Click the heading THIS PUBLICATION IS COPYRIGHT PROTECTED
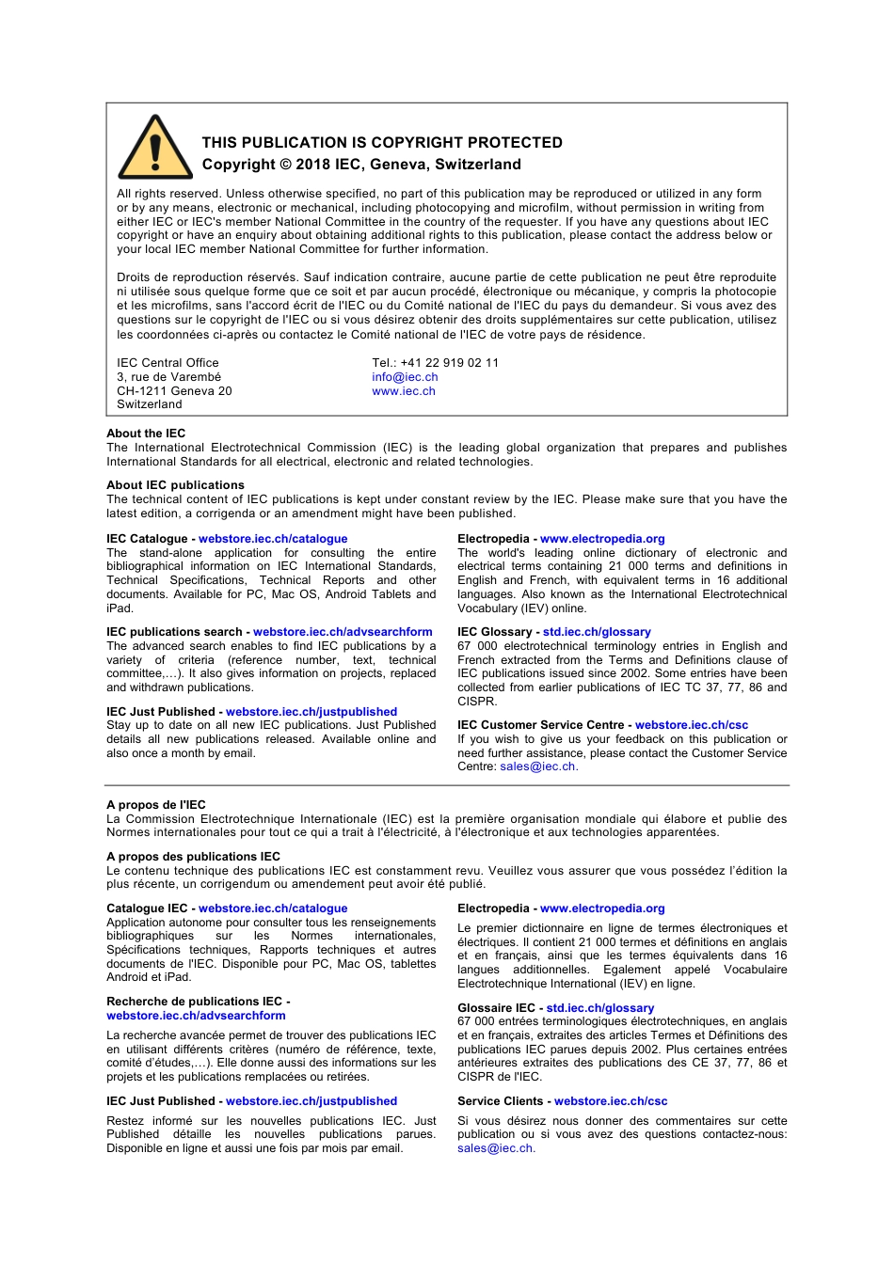(x=382, y=143)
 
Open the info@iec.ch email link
(x=405, y=377)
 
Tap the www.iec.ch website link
(x=404, y=391)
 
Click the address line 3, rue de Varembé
(x=168, y=377)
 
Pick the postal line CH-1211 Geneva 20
(x=174, y=391)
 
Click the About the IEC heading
(x=146, y=434)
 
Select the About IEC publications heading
(x=175, y=485)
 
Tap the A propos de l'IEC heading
(x=156, y=805)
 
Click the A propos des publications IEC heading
(x=193, y=857)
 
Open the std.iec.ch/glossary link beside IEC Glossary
(x=597, y=632)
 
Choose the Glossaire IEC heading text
(x=496, y=1008)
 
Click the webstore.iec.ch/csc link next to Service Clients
(x=611, y=1101)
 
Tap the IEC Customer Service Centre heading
(x=540, y=725)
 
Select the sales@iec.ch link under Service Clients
(x=495, y=1148)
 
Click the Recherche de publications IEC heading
(x=195, y=1002)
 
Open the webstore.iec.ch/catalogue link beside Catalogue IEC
(x=273, y=908)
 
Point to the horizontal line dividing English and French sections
(x=447, y=785)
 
